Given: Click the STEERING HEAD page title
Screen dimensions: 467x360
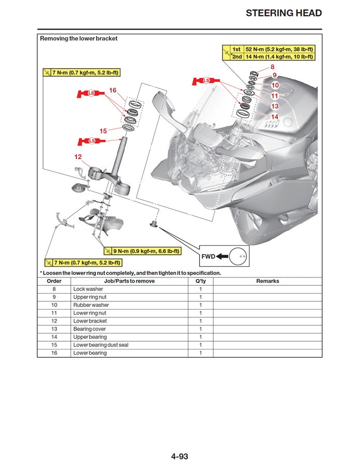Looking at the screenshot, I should [283, 13].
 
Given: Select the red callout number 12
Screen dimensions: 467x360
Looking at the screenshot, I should [78, 156].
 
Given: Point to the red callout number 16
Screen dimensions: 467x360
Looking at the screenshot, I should [113, 90].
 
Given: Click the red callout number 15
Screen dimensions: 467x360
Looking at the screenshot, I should [103, 131].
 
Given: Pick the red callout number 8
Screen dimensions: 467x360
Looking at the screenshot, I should [273, 67].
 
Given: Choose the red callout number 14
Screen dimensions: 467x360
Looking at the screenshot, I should [275, 117].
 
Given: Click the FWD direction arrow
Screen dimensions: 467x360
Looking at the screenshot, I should [222, 256].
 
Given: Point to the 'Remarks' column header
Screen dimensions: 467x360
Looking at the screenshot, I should [267, 281].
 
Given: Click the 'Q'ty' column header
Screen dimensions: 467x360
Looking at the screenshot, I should [201, 281].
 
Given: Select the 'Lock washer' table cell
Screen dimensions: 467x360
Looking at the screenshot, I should [88, 289].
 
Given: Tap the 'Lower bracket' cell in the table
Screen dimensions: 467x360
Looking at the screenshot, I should [90, 321].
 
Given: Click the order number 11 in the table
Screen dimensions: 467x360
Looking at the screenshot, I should [54, 313].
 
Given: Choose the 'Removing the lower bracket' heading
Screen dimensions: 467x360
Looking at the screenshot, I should [79, 38].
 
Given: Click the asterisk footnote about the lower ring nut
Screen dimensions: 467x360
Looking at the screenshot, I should [130, 273].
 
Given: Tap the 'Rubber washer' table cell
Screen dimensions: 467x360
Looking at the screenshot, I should [91, 305].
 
